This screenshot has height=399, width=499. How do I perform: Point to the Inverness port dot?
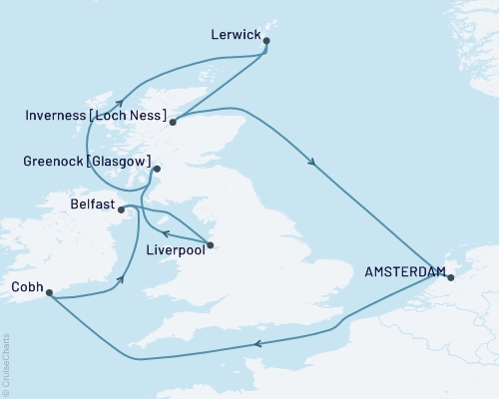point(173,123)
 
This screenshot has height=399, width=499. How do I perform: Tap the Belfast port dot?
point(121,208)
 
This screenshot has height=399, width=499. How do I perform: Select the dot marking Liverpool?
point(210,245)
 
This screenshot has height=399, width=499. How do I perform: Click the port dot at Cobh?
point(48,294)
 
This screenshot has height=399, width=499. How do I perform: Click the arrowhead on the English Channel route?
point(257,344)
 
